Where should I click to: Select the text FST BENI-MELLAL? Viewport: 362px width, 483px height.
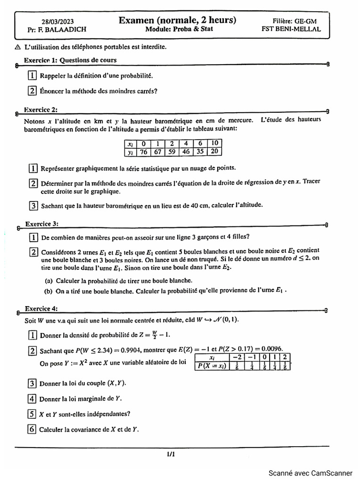coord(291,29)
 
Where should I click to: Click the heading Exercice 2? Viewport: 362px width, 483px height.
coord(41,110)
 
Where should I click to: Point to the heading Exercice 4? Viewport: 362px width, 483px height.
coord(41,309)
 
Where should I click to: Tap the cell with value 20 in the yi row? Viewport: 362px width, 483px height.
coord(214,151)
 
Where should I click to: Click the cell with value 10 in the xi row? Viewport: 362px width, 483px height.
coord(214,143)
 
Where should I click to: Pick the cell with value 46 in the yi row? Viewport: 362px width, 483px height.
coord(186,151)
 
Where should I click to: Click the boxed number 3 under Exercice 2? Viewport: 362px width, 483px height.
coord(33,205)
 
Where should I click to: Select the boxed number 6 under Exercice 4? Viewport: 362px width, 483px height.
coord(32,429)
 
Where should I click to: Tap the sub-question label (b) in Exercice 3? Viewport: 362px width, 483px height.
coord(49,291)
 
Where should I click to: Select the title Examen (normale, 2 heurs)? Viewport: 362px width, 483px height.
coord(177,20)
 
